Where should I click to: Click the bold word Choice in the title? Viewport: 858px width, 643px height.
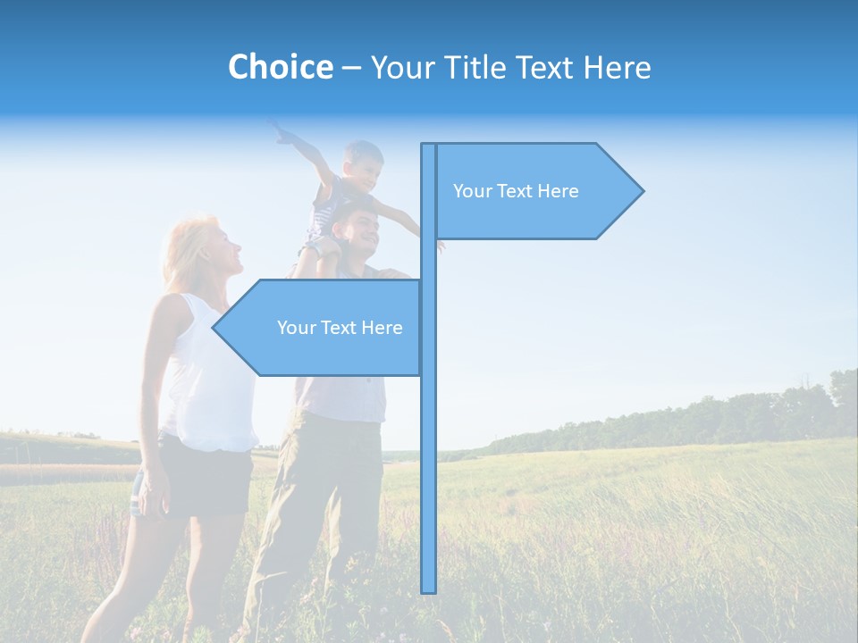280,67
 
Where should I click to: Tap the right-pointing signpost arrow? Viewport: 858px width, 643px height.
536,191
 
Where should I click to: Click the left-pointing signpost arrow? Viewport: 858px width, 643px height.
322,328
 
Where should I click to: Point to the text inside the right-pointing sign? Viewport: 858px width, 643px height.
516,191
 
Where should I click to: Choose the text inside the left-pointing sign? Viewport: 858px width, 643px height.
340,328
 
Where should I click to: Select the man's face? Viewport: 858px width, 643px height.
362,229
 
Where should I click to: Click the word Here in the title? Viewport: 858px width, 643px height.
618,67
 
